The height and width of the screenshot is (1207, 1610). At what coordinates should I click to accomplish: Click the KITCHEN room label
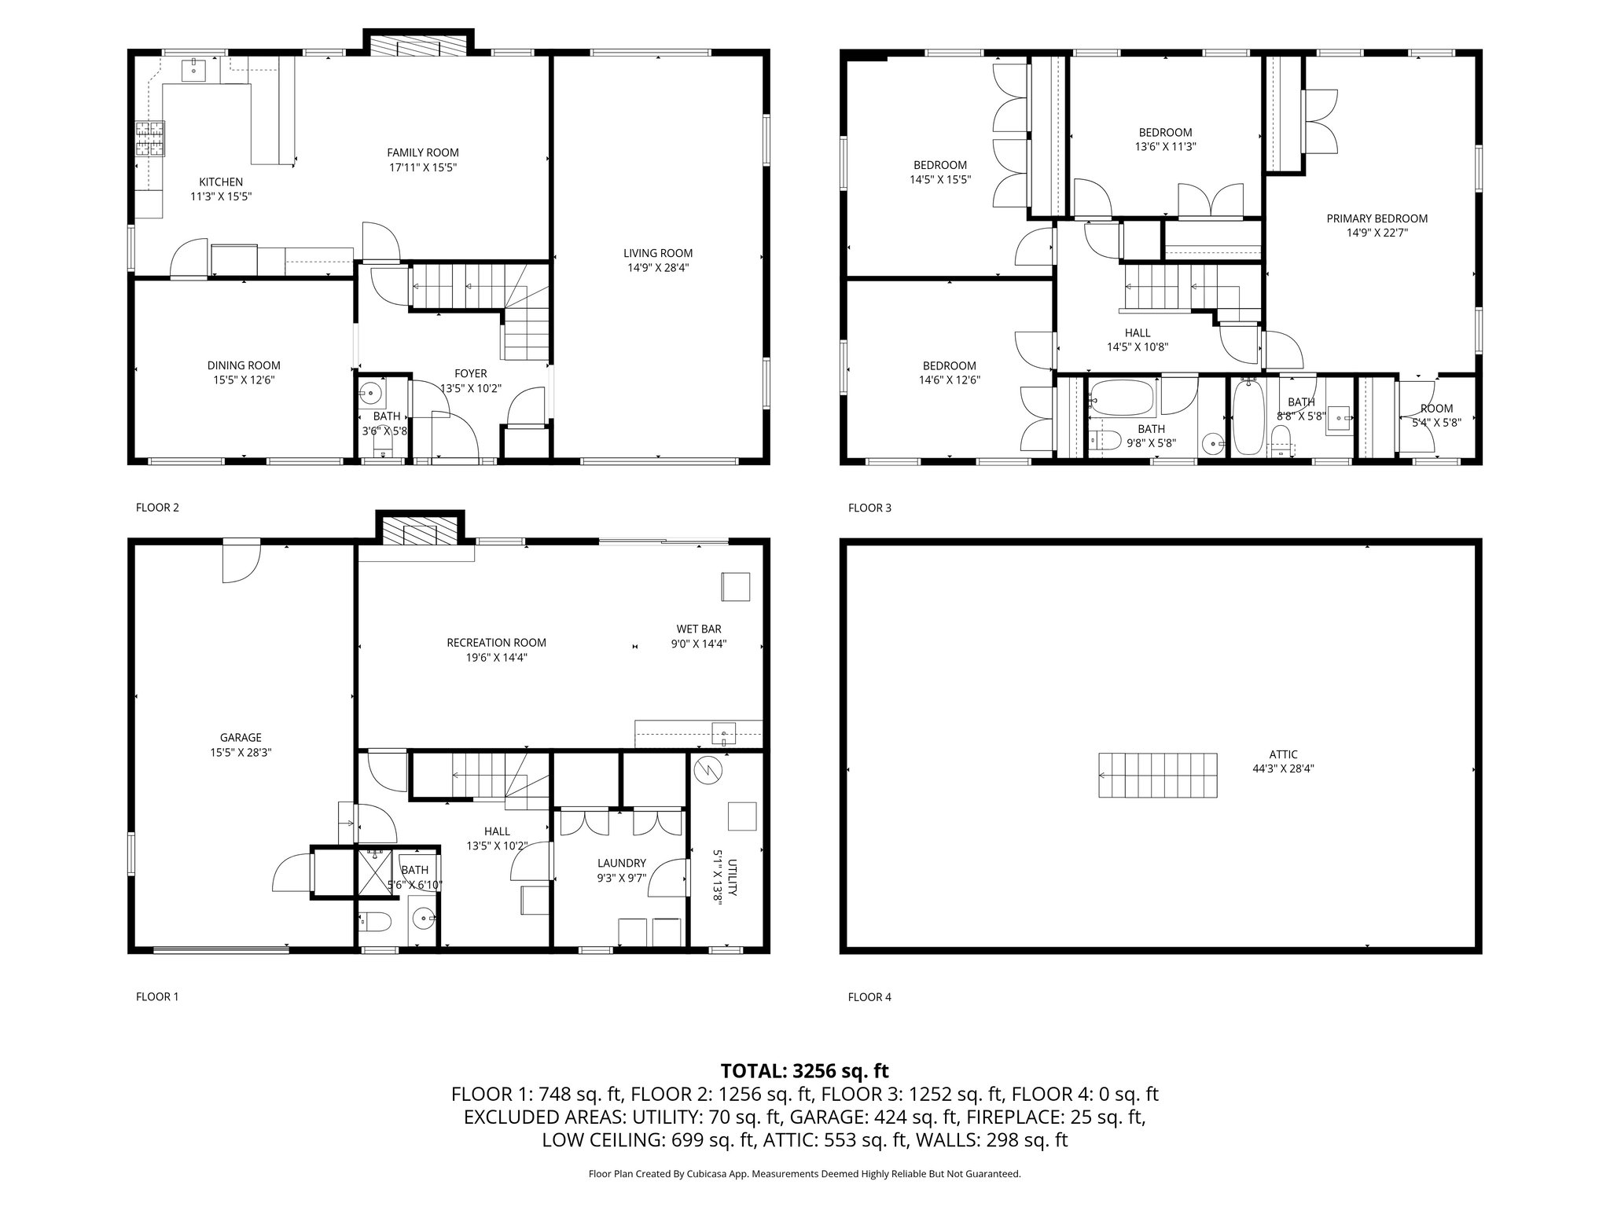tap(220, 182)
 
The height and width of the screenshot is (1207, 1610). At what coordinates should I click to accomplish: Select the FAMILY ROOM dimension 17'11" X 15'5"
tap(423, 167)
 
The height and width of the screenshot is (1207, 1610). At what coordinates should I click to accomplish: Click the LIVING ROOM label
tap(658, 253)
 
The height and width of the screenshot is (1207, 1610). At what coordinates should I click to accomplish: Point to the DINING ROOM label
tap(244, 365)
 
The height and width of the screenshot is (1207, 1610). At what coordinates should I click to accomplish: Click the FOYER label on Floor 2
tap(470, 374)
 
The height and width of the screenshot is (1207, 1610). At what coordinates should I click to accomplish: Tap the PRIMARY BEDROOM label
tap(1377, 218)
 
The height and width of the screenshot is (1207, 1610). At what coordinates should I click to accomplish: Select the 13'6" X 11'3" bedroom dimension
tap(1165, 146)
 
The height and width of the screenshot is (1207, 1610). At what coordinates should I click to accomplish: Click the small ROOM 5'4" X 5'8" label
tap(1436, 409)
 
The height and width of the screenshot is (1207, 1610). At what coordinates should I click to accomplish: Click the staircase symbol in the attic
tap(1157, 775)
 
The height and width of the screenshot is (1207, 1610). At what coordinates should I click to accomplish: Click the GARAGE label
tap(241, 737)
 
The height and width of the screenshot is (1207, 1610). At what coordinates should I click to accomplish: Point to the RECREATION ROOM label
tap(496, 643)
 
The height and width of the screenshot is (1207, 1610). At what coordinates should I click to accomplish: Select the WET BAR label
tap(698, 629)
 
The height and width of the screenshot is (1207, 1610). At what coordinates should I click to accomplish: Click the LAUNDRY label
tap(621, 863)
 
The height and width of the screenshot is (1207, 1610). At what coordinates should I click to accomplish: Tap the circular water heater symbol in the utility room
tap(708, 771)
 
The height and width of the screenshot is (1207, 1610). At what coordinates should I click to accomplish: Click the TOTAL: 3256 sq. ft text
tap(804, 1070)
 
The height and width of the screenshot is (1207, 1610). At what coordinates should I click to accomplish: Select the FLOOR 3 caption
tap(869, 508)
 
